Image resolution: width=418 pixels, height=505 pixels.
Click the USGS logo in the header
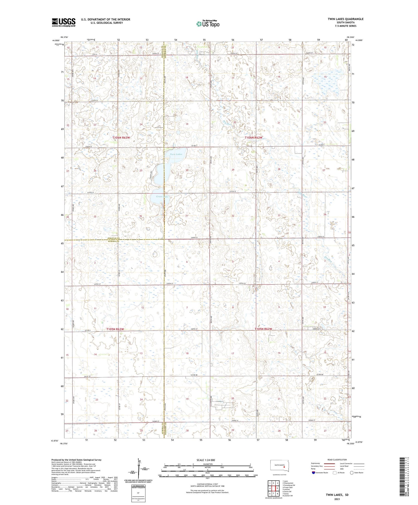point(64,22)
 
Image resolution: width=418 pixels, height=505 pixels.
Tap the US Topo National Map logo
point(208,24)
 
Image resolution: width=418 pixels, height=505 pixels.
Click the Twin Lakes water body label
point(176,154)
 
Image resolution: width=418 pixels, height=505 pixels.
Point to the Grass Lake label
point(162,197)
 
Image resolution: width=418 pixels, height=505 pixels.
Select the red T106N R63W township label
point(121,138)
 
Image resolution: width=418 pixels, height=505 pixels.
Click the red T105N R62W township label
point(263,329)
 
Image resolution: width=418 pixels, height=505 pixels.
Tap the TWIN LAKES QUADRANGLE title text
point(345,19)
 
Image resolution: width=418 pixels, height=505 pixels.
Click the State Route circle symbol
point(352,472)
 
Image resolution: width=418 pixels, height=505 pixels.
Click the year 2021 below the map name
point(337,499)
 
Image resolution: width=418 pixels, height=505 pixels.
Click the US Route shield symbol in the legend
point(335,472)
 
